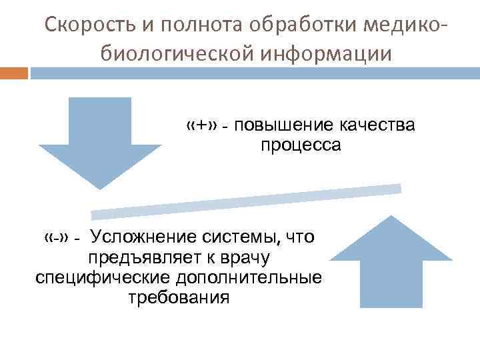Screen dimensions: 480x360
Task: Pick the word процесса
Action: [x=301, y=145]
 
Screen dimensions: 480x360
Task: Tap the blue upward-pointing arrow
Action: [x=391, y=263]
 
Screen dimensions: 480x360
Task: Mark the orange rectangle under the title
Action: [x=14, y=73]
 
